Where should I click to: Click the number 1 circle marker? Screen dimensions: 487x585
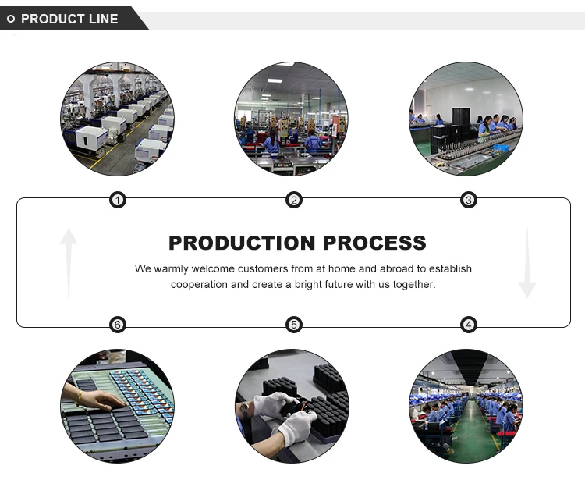117,201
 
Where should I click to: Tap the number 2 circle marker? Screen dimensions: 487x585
294,201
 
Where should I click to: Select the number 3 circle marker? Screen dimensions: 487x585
469,201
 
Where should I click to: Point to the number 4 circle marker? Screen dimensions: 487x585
469,325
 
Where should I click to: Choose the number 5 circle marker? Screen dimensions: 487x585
294,325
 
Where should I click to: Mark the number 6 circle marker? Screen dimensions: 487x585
117,325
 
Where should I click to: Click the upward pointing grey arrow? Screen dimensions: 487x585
69,261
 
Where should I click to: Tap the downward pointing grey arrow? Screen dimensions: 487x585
527,263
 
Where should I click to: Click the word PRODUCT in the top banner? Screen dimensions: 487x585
51,19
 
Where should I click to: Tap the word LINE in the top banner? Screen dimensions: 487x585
102,19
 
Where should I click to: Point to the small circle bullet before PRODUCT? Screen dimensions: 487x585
11,19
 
